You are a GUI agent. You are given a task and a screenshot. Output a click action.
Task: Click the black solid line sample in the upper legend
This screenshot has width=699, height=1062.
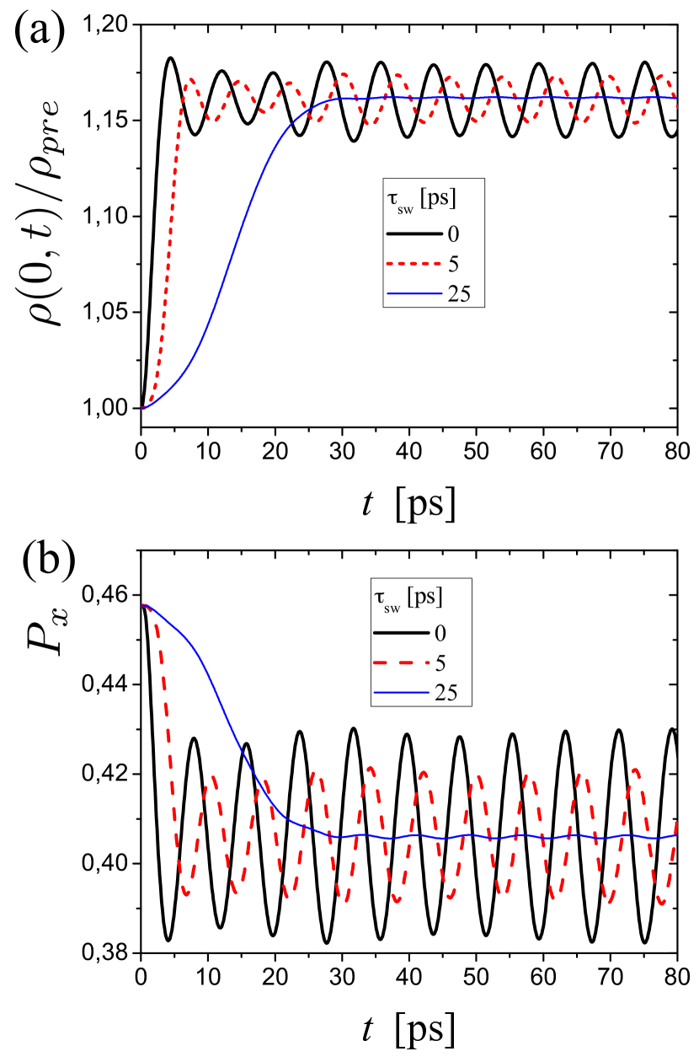pyautogui.click(x=414, y=233)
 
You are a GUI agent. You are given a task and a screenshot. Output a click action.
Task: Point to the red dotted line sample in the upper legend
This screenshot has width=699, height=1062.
pyautogui.click(x=414, y=264)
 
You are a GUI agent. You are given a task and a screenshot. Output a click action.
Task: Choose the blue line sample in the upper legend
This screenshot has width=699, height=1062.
pyautogui.click(x=414, y=294)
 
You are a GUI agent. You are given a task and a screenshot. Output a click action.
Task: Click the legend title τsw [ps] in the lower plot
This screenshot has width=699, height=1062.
pyautogui.click(x=408, y=598)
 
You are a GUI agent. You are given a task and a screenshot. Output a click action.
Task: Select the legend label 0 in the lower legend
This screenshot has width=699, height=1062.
pyautogui.click(x=440, y=632)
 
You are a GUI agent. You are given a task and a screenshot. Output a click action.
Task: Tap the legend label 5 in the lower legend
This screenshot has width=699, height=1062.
pyautogui.click(x=440, y=662)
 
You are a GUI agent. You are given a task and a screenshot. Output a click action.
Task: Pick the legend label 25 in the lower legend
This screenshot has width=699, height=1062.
pyautogui.click(x=446, y=693)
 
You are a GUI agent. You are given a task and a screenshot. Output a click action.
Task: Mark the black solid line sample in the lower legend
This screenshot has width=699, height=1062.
pyautogui.click(x=403, y=632)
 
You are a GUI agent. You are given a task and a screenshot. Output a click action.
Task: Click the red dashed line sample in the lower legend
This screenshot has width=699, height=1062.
pyautogui.click(x=403, y=662)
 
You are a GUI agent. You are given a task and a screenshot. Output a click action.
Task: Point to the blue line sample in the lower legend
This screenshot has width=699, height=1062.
pyautogui.click(x=403, y=693)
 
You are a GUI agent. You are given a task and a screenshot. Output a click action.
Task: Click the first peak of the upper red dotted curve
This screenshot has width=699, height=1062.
pyautogui.click(x=192, y=79)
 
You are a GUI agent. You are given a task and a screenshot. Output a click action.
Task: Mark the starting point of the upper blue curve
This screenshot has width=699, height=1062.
pyautogui.click(x=143, y=409)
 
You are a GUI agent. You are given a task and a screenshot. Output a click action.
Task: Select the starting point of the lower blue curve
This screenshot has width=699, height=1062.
pyautogui.click(x=143, y=605)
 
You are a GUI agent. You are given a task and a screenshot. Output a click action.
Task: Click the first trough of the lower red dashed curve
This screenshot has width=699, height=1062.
pyautogui.click(x=186, y=893)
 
